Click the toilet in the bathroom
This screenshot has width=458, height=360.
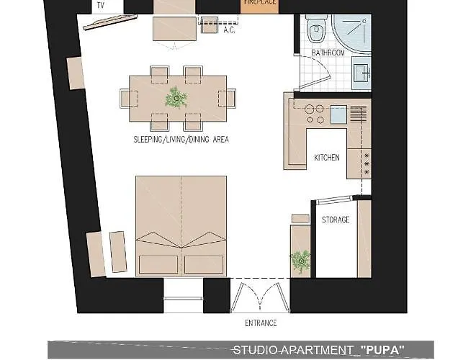click(316, 28)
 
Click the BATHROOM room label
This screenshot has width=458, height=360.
click(328, 53)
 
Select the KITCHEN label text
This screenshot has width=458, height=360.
click(327, 158)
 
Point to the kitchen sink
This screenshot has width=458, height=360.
click(339, 114)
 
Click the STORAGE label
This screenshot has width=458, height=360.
click(336, 220)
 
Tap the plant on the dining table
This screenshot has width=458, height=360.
click(176, 97)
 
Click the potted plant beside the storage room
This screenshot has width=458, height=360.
click(300, 261)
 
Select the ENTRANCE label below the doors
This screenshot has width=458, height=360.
click(261, 323)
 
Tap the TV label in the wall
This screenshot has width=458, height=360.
click(101, 5)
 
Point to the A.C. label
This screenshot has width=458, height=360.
click(229, 30)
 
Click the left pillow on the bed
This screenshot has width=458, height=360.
click(158, 264)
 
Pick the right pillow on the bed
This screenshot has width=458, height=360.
click(204, 264)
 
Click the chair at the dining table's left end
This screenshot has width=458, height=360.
click(128, 99)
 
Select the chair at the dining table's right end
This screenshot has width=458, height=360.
click(228, 99)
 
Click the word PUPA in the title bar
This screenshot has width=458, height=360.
click(382, 350)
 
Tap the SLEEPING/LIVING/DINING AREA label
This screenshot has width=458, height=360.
click(181, 140)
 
